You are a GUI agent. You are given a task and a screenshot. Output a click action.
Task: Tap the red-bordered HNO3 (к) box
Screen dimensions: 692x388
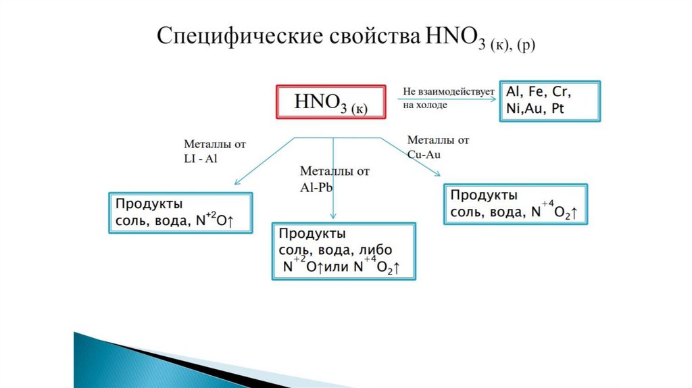point(330,103)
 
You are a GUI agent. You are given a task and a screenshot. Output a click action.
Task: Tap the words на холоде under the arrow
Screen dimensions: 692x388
point(425,105)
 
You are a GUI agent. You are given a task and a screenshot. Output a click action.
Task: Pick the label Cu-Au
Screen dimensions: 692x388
point(424,153)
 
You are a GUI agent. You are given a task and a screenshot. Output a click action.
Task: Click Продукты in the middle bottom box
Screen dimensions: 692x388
point(312,234)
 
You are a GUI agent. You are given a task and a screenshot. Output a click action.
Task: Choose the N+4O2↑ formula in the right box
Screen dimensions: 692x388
point(554,212)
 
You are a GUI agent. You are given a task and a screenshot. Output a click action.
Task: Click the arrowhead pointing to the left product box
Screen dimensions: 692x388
point(237,183)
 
